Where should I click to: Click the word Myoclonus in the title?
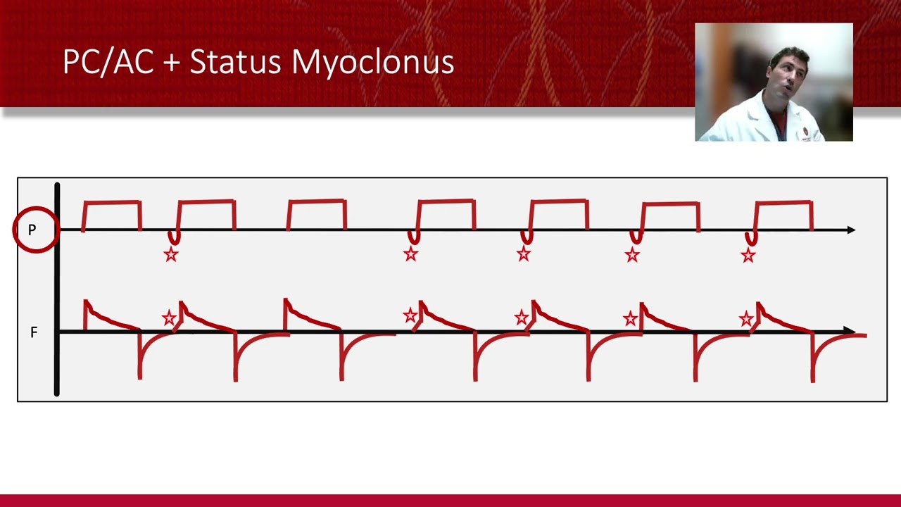[372, 63]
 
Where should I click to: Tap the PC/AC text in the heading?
[108, 62]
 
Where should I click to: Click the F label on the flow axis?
[33, 332]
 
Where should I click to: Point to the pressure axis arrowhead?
[851, 230]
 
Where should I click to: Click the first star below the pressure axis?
[171, 254]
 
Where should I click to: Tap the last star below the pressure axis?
[748, 255]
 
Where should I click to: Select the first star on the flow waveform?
[169, 318]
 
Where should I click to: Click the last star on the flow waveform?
[746, 319]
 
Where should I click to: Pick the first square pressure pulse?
[112, 215]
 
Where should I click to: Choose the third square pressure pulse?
[317, 215]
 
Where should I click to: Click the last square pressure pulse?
[783, 215]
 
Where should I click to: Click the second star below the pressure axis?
[411, 254]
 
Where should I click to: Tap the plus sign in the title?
[171, 63]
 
